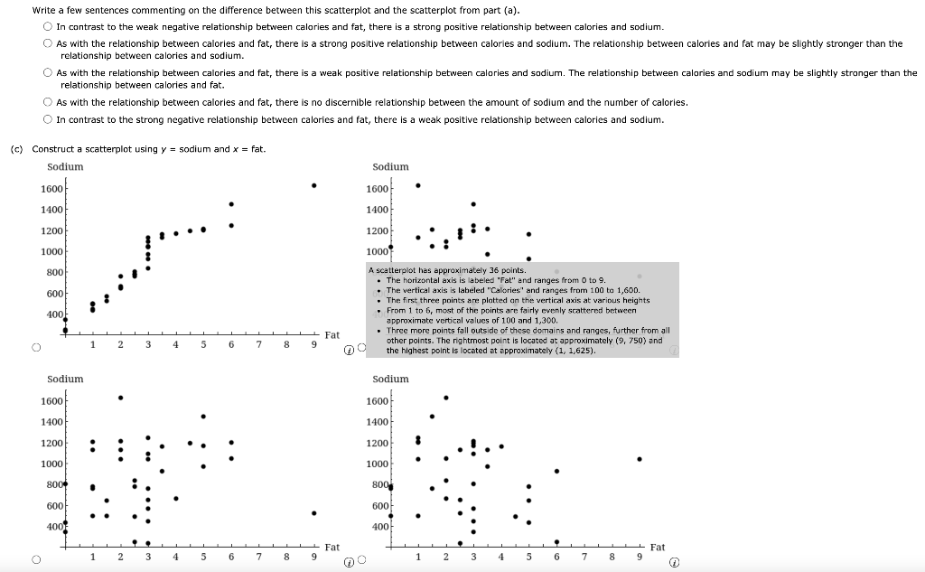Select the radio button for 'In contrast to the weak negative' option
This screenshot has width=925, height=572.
[47, 27]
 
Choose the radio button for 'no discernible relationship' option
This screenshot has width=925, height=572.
[47, 102]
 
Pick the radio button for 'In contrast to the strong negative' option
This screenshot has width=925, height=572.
[47, 119]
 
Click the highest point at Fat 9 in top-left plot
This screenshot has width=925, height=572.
[313, 186]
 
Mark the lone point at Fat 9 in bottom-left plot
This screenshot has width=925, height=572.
[313, 513]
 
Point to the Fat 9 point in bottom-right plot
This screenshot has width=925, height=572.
[640, 459]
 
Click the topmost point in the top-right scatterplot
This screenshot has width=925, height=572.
[417, 185]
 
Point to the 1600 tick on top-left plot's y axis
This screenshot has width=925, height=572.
[51, 188]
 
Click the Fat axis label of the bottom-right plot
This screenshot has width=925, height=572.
[657, 547]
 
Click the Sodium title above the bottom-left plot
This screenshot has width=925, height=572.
[65, 379]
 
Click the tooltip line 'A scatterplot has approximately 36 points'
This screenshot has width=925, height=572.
[448, 270]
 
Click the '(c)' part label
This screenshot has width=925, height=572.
[16, 149]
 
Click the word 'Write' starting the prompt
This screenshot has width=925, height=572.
[43, 10]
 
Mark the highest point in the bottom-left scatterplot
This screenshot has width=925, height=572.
[120, 398]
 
